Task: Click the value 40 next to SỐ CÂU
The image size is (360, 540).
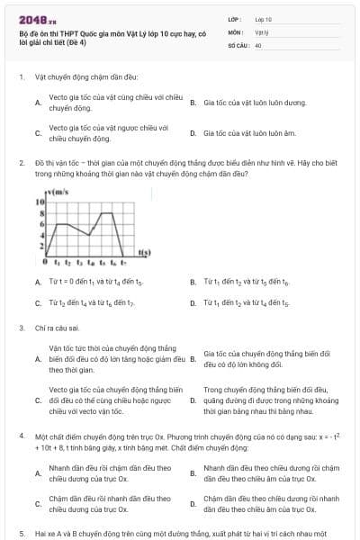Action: coord(258,44)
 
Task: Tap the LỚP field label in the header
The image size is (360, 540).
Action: coord(234,18)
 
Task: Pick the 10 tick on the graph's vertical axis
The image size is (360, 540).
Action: coord(40,202)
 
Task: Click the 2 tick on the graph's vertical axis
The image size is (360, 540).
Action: coord(40,244)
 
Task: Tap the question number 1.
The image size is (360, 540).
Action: coord(21,76)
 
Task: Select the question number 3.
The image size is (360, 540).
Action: coord(21,328)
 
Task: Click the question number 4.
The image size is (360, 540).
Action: coord(21,435)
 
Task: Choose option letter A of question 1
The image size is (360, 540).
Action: coord(37,103)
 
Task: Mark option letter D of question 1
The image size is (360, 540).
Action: coord(193,133)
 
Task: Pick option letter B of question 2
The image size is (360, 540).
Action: coord(193,282)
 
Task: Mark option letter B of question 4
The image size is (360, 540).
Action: coord(193,473)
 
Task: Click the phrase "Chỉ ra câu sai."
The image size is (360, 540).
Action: coord(57,328)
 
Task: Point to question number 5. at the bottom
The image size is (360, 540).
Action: coord(21,532)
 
